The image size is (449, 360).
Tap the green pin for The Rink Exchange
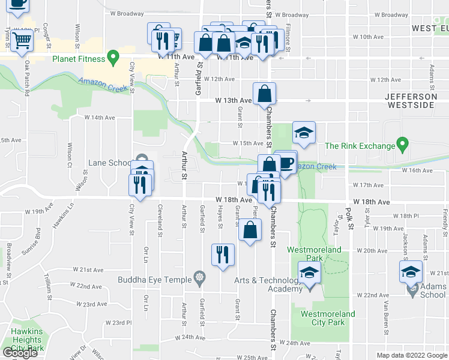click(403, 145)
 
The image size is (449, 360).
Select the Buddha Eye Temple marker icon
click(199, 278)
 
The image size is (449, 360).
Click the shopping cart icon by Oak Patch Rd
click(22, 41)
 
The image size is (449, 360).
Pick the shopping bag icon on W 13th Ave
click(264, 94)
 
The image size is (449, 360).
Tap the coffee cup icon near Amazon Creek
click(286, 162)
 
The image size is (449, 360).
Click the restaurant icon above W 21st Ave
click(223, 254)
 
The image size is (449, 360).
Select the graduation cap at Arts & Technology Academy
click(309, 274)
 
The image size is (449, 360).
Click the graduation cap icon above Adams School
click(411, 271)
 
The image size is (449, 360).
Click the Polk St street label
click(347, 214)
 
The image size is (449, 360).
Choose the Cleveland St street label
click(160, 220)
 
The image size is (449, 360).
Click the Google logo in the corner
click(21, 353)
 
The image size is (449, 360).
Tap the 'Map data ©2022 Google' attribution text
click(411, 355)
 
